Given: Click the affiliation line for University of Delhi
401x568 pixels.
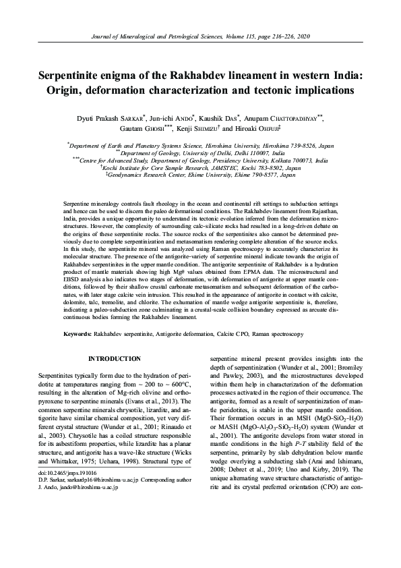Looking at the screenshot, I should click(201, 153).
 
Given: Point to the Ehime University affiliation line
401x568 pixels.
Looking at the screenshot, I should click(201, 175).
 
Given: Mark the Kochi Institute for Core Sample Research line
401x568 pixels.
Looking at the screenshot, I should click(201, 167).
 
